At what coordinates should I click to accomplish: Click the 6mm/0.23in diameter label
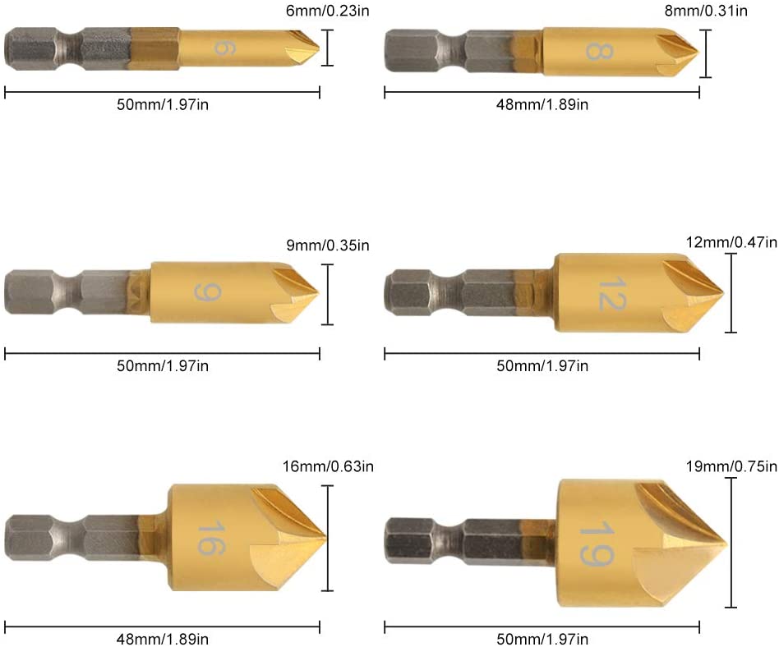pyautogui.click(x=327, y=11)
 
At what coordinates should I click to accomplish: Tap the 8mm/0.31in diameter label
pyautogui.click(x=706, y=11)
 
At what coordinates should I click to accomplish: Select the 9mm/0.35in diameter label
pyautogui.click(x=327, y=245)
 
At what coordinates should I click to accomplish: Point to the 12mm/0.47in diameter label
pyautogui.click(x=731, y=242)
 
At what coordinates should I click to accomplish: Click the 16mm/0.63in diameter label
pyautogui.click(x=328, y=466)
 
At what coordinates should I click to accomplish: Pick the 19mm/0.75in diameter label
pyautogui.click(x=731, y=466)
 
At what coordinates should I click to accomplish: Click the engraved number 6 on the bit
pyautogui.click(x=224, y=48)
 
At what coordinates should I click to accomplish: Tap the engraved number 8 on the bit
pyautogui.click(x=599, y=51)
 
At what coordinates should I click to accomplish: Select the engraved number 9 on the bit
pyautogui.click(x=207, y=292)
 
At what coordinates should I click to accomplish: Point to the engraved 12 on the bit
pyautogui.click(x=612, y=294)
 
